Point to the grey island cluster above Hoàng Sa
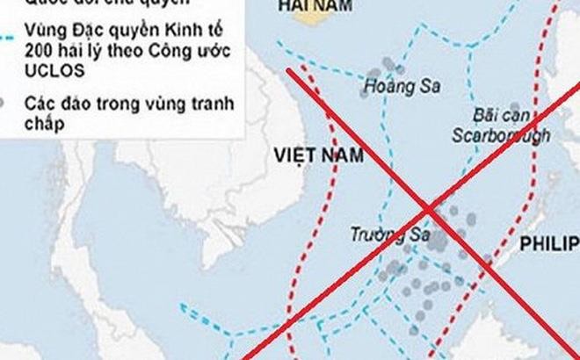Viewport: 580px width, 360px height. pyautogui.click(x=387, y=65)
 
